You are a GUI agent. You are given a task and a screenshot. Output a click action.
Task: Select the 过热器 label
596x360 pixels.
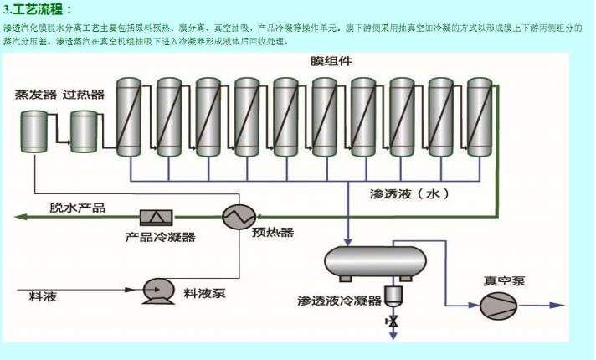[x=84, y=95]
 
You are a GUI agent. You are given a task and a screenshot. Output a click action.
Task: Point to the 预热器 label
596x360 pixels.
[x=273, y=232]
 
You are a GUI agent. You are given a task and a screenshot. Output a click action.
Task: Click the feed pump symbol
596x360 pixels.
[x=156, y=290]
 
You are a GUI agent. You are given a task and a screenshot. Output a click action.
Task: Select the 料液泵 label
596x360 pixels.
[x=205, y=293]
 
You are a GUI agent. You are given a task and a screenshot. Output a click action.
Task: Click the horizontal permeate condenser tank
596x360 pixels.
[x=374, y=262]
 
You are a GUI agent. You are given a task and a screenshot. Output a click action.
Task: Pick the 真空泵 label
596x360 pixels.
[x=506, y=281]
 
